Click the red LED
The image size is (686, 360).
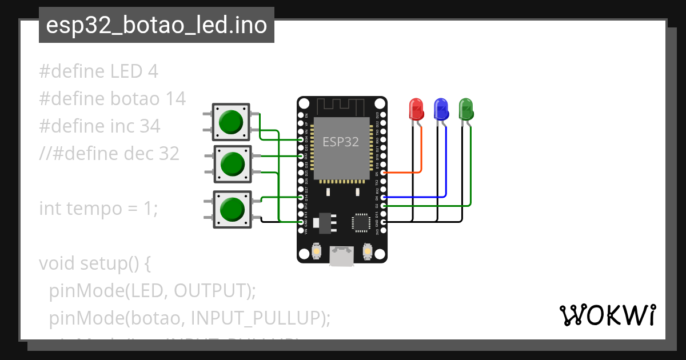416,109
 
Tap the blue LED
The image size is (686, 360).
441,109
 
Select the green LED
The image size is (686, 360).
466,109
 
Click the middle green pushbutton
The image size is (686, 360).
232,164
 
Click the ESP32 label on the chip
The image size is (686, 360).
341,142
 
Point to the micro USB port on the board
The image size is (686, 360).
342,256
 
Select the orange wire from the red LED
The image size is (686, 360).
421,154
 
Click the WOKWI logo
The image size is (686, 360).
607,315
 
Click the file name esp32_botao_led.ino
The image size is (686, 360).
157,26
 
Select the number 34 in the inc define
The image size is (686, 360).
150,126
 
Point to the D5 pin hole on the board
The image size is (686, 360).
383,172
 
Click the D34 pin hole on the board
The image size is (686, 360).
301,139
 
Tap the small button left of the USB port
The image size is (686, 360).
316,251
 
